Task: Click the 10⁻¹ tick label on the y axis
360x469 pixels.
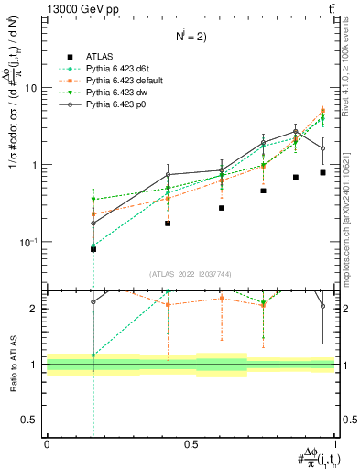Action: pyautogui.click(x=29, y=242)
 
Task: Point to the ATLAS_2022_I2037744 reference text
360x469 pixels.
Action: pyautogui.click(x=190, y=274)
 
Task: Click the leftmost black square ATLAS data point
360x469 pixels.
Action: pyautogui.click(x=93, y=248)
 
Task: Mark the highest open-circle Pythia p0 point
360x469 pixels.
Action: pyautogui.click(x=295, y=132)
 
